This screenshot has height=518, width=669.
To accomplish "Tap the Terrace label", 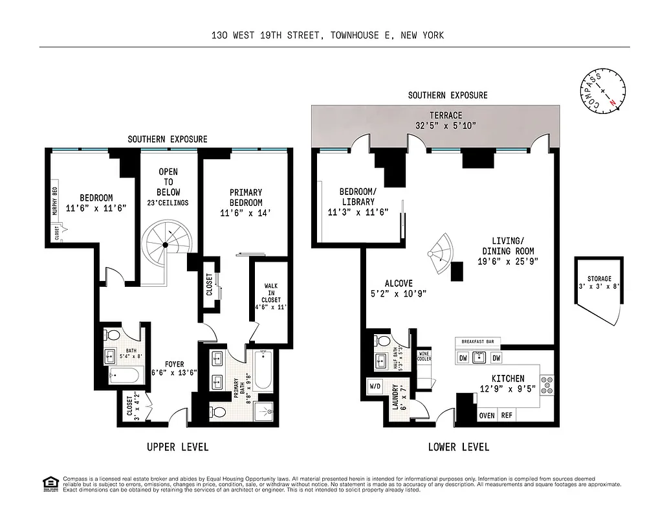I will click(x=446, y=115).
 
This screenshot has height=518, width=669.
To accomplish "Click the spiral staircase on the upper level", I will click(x=166, y=245).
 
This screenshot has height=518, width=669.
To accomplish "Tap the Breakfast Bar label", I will click(x=479, y=342).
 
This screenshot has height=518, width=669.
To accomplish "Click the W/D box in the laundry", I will click(x=375, y=387).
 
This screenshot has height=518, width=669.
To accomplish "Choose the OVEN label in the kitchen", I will click(x=486, y=416).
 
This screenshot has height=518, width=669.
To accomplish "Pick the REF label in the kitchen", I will click(x=507, y=416).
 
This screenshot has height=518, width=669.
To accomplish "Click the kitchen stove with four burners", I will click(x=547, y=385).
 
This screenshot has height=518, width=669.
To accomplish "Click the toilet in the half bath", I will click(x=382, y=341).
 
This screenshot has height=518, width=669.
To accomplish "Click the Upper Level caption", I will click(x=177, y=447).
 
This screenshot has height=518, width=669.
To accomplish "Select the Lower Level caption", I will click(x=459, y=447).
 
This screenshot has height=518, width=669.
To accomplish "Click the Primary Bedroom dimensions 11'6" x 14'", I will click(x=246, y=212).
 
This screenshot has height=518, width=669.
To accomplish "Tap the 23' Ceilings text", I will click(x=169, y=203).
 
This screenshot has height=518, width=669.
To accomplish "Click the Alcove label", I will click(x=399, y=283).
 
